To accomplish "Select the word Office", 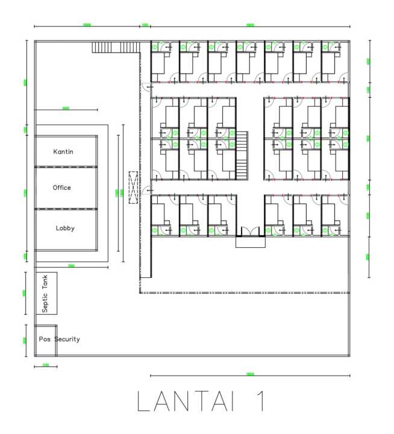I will (62, 187).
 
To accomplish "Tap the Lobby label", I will (65, 228).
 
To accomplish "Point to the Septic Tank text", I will (45, 293).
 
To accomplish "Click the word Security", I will (67, 339).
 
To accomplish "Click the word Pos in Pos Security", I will (45, 339).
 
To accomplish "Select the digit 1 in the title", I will (257, 403).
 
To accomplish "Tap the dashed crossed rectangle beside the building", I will (133, 186).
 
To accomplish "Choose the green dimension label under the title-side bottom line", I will (250, 375).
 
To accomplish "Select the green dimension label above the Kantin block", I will (66, 109).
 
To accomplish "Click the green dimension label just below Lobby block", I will (70, 266).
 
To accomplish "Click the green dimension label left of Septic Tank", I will (25, 293).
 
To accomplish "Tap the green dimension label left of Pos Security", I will (25, 340).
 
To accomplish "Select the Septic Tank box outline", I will (46, 293).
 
